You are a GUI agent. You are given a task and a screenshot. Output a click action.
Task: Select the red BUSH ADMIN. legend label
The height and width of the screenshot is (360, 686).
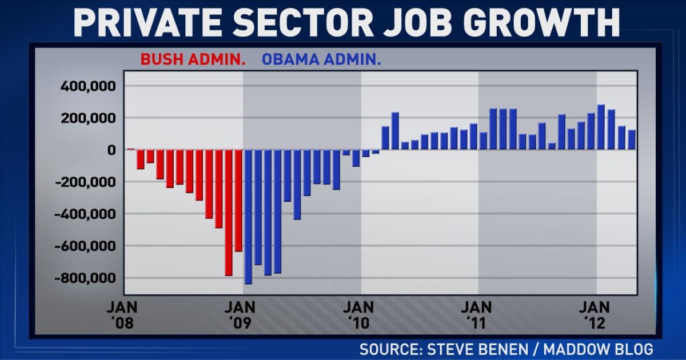point(189,59)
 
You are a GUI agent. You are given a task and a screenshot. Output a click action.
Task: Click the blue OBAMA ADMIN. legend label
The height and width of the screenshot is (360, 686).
point(321,59)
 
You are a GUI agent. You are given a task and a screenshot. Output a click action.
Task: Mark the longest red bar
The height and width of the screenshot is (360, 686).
point(229,213)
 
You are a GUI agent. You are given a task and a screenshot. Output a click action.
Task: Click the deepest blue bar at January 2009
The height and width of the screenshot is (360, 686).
point(248,217)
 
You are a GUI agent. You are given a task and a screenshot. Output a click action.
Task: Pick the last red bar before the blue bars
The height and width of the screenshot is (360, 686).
point(238,200)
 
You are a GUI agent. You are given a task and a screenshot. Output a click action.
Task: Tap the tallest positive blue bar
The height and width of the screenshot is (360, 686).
point(601,127)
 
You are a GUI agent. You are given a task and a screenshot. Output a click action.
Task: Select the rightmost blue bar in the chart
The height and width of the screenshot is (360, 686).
point(632,139)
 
